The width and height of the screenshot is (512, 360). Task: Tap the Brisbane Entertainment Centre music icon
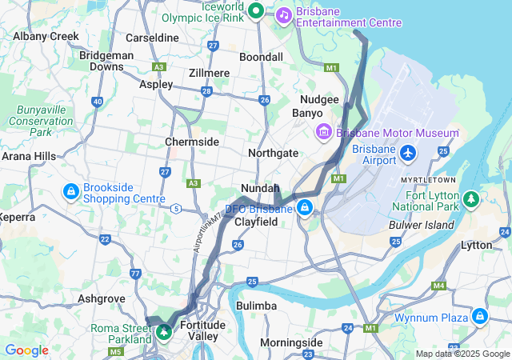click(x=284, y=14)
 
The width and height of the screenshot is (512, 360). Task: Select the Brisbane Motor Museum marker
click(x=324, y=132)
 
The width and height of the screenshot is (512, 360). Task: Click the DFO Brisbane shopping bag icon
click(x=305, y=209)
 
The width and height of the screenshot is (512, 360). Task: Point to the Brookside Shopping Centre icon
click(x=71, y=192)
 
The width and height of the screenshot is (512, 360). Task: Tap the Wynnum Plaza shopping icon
click(x=480, y=317)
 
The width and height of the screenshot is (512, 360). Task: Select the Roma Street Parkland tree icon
click(x=164, y=330)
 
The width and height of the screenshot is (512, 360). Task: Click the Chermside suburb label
click(x=192, y=142)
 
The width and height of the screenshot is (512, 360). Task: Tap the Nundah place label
click(x=260, y=188)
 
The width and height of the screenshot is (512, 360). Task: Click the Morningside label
click(x=291, y=342)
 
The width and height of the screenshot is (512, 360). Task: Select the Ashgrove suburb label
click(x=101, y=298)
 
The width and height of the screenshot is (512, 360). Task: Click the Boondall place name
click(x=261, y=58)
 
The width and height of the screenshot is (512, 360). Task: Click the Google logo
click(x=26, y=350)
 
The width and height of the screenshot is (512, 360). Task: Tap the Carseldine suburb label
click(x=152, y=38)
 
